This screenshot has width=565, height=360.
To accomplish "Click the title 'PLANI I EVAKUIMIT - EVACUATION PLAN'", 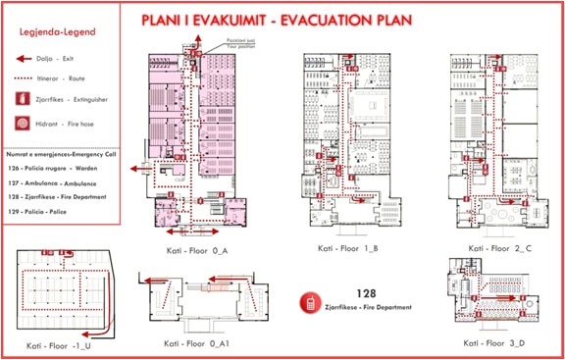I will click(324, 20).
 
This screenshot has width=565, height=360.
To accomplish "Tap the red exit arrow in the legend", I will click(23, 59).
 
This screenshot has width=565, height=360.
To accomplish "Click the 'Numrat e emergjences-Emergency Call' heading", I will click(61, 154).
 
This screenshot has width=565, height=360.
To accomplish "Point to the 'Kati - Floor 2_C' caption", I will click(496, 250).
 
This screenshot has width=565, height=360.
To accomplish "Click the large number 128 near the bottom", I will click(365, 292).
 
